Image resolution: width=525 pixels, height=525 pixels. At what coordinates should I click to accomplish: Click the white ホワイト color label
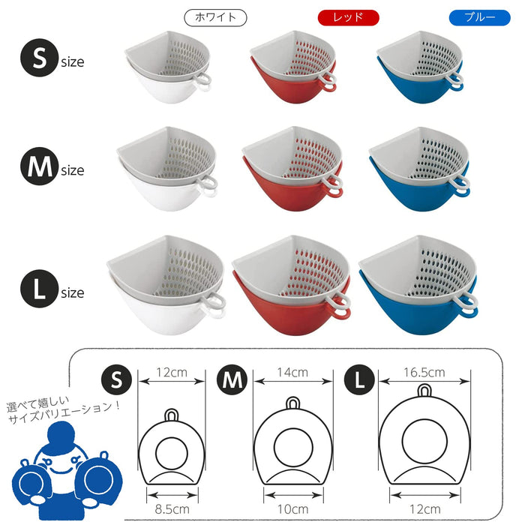(x=216, y=17)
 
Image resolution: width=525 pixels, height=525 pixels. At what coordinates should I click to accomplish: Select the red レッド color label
(x=349, y=17)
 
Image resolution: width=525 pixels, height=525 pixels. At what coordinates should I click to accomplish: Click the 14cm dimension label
(x=292, y=370)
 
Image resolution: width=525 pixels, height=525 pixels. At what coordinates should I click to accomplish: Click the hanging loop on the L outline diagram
(x=425, y=393)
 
